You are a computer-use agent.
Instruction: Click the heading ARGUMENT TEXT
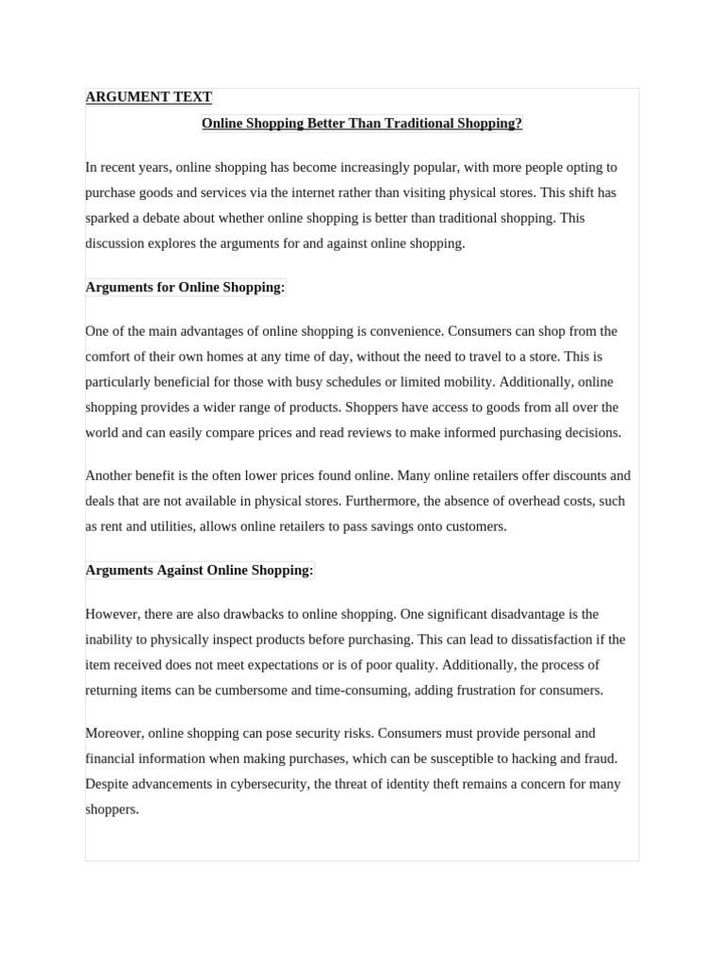149,97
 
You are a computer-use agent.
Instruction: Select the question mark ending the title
518,124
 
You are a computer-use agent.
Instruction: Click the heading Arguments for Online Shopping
185,287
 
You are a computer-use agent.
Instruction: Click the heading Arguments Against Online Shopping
199,570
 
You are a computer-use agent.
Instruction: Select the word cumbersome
250,691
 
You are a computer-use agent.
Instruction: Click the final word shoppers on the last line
111,809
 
